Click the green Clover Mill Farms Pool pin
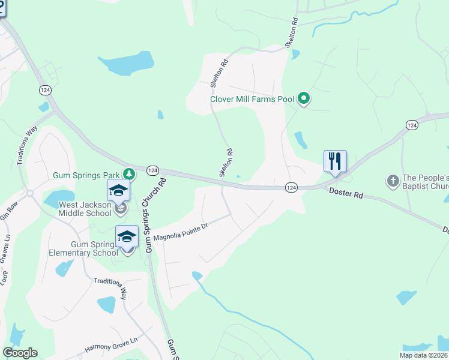(x=304, y=98)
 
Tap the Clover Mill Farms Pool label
(x=253, y=100)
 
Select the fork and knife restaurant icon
(x=335, y=161)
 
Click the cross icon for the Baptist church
(x=393, y=180)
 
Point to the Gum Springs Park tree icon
(x=128, y=174)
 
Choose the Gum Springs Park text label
(x=87, y=175)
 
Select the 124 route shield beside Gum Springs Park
(x=152, y=170)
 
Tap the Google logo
(x=20, y=353)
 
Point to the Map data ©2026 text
(x=423, y=355)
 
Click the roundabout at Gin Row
(x=28, y=193)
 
